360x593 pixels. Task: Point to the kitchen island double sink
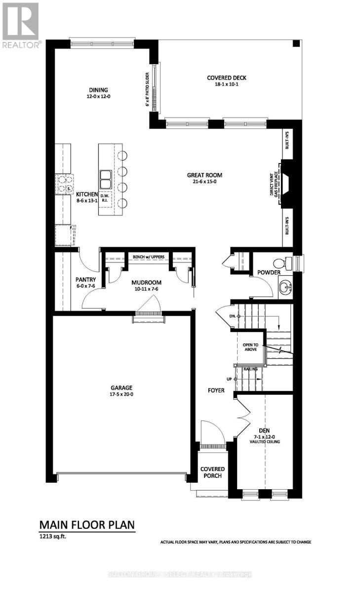coord(105,179)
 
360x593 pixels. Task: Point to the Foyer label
coord(216,390)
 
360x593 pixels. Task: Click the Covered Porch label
coord(212,472)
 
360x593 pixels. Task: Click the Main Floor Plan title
coord(86,524)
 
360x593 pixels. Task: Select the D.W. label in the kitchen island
coord(104,196)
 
